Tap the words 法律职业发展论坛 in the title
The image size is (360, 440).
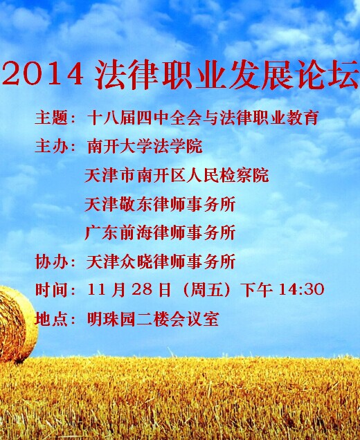(x=227, y=75)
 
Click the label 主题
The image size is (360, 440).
(x=52, y=118)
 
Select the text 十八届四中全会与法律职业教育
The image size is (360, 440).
(x=203, y=118)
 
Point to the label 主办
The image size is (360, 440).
(x=52, y=146)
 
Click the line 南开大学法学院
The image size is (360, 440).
(x=145, y=146)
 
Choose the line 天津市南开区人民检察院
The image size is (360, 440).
(x=177, y=176)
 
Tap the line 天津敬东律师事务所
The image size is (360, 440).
(x=160, y=204)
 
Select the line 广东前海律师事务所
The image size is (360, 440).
(x=160, y=233)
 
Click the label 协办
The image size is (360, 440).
(x=52, y=262)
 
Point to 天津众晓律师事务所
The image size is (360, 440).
(x=161, y=262)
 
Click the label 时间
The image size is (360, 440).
(x=52, y=290)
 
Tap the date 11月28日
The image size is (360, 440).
(x=129, y=290)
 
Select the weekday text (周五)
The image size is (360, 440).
(x=206, y=290)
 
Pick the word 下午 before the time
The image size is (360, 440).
(x=258, y=290)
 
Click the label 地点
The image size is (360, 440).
(x=52, y=320)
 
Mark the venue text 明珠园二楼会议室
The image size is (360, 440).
(x=153, y=320)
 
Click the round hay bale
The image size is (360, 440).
(x=17, y=324)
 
